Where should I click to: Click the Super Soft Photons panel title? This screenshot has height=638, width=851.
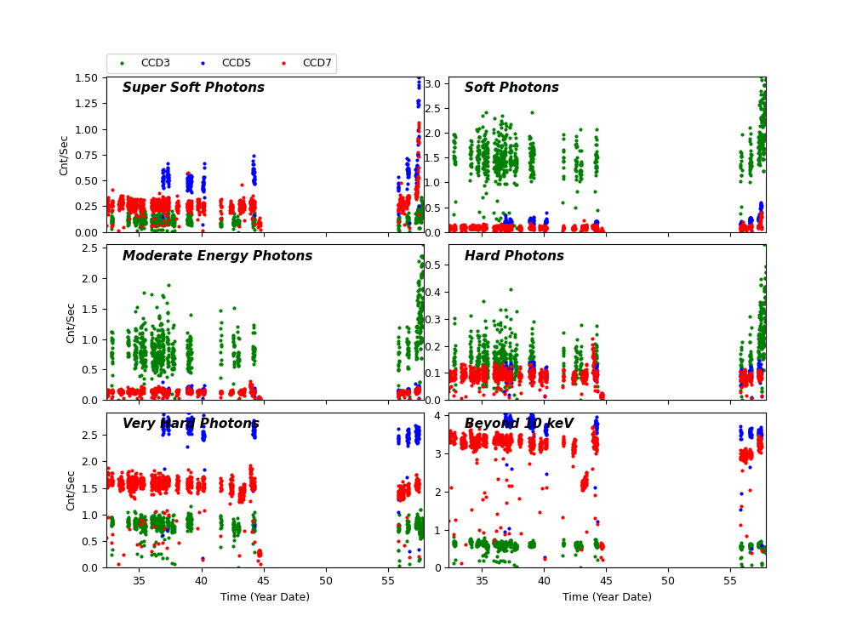point(193,88)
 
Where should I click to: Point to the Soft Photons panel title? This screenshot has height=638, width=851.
point(511,88)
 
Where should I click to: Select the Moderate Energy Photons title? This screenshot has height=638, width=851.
point(217,256)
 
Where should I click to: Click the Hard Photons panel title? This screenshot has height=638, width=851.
point(514,256)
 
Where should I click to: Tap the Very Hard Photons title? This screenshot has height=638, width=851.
point(191,424)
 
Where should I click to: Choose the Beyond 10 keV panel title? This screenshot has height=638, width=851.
point(519,424)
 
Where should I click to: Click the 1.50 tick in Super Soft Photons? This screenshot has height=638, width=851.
point(89,77)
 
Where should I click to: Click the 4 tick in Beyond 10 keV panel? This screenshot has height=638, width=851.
point(440,415)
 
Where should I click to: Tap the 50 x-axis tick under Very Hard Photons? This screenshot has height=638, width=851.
point(326,580)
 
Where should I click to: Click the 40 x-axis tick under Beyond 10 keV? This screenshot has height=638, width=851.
point(545,580)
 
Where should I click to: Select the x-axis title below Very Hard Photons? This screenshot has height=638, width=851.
point(266,597)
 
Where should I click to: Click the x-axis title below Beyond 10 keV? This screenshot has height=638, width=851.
point(608,597)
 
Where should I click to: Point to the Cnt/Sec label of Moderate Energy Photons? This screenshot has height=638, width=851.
point(71,322)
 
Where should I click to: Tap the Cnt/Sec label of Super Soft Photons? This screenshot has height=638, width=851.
point(65,155)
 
